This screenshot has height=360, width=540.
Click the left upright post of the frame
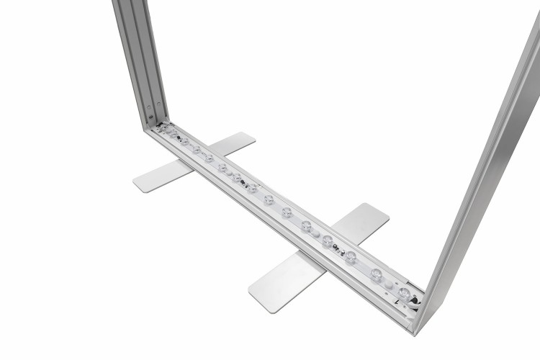click(140, 58)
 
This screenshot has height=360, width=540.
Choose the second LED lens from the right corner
click(377, 274)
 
